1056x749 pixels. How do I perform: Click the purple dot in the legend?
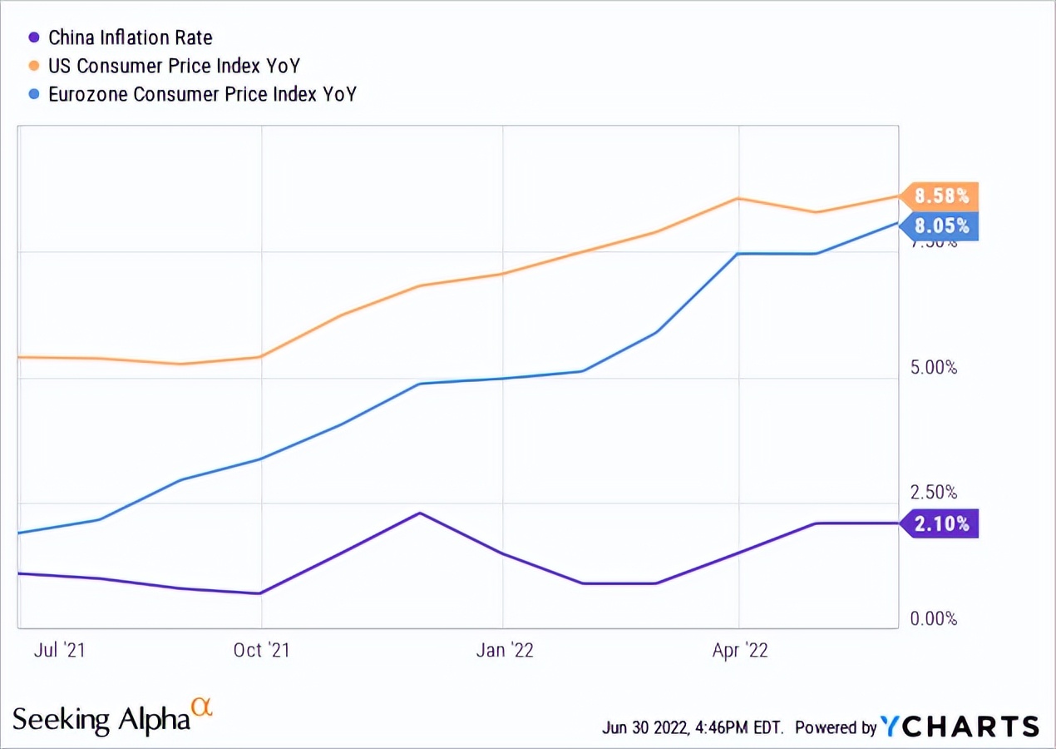[x=34, y=37]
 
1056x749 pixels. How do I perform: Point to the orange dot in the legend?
[x=34, y=66]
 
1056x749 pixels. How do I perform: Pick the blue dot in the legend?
[x=34, y=94]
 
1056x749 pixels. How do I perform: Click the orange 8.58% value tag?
[x=941, y=196]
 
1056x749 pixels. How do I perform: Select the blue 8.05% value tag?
[x=941, y=226]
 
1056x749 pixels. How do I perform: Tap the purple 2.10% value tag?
[x=941, y=523]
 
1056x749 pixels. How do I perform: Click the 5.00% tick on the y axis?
[x=934, y=368]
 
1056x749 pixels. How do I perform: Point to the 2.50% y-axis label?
[x=934, y=492]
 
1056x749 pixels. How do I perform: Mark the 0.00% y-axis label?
[x=934, y=618]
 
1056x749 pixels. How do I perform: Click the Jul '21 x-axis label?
[x=59, y=650]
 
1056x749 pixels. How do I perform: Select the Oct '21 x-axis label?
[x=262, y=650]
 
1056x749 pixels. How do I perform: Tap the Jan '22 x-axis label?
[x=505, y=650]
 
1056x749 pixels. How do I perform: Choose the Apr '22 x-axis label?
[x=740, y=650]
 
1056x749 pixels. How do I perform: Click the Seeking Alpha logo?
[x=112, y=717]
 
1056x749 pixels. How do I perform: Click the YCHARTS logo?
[x=960, y=726]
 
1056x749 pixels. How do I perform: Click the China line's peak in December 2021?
[x=421, y=513]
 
